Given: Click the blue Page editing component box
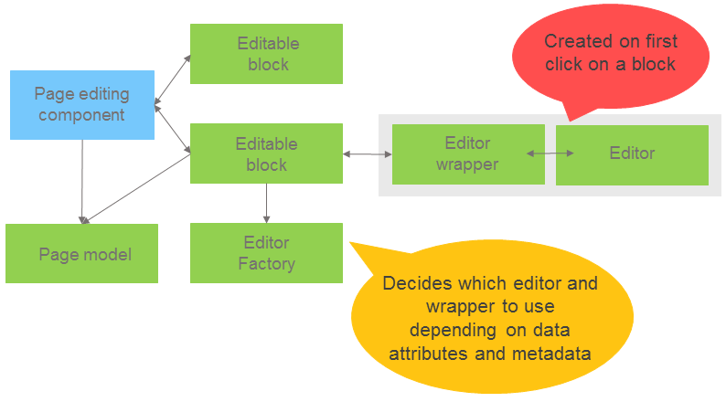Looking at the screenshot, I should tap(82, 105).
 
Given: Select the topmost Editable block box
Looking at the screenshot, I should tap(266, 54).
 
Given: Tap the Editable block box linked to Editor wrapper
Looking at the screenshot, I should tap(266, 153).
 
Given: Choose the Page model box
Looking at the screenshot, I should tap(82, 254).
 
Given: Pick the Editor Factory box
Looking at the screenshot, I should tap(266, 253).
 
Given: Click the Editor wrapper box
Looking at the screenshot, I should tap(467, 153).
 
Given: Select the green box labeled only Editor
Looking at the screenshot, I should tap(632, 153).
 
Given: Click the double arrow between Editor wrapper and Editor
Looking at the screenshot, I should tap(550, 153).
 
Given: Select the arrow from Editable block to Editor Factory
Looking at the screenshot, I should tap(266, 203).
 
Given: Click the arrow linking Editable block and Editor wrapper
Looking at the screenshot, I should tap(367, 154).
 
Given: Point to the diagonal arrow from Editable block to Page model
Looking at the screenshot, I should tap(137, 189).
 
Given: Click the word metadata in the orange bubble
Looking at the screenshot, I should tap(557, 352).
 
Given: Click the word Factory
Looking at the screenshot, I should tap(266, 264).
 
